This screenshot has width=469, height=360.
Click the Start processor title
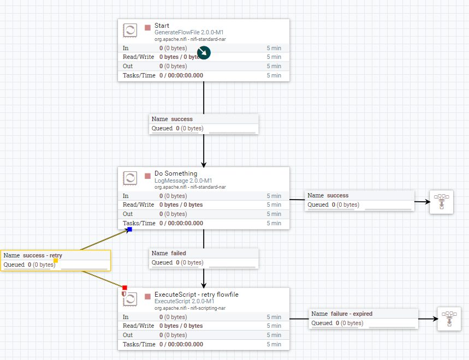pyautogui.click(x=162, y=26)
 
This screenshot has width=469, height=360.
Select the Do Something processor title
pyautogui.click(x=176, y=173)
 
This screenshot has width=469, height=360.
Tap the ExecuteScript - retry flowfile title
pyautogui.click(x=196, y=295)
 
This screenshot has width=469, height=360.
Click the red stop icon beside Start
pyautogui.click(x=147, y=27)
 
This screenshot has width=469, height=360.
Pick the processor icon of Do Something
pyautogui.click(x=130, y=178)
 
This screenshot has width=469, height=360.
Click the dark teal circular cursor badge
pyautogui.click(x=204, y=53)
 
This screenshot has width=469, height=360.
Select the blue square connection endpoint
pyautogui.click(x=129, y=229)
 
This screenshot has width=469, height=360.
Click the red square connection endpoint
pyautogui.click(x=124, y=287)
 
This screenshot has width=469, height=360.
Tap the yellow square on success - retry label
pyautogui.click(x=55, y=261)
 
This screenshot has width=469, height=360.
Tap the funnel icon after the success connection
pyautogui.click(x=441, y=202)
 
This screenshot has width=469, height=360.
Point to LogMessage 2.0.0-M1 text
pyautogui.click(x=183, y=181)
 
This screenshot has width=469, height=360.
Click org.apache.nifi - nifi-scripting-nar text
pyautogui.click(x=190, y=308)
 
